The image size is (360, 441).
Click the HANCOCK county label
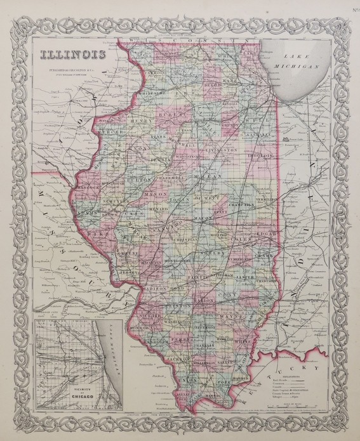point(91,188)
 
